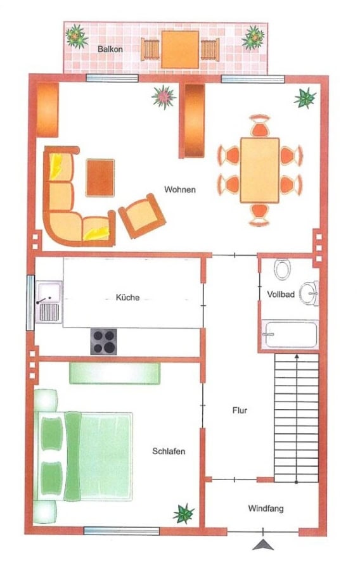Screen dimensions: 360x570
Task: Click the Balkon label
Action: (x=110, y=49)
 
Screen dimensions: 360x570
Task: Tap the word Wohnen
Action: (x=179, y=189)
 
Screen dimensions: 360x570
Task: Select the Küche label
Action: (x=127, y=298)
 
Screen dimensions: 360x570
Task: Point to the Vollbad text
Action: (x=281, y=294)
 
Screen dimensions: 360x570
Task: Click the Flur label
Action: (x=240, y=410)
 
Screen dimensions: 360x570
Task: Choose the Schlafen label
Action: (x=169, y=451)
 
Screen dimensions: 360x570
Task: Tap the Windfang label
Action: (x=266, y=508)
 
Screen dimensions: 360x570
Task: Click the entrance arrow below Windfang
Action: (x=263, y=544)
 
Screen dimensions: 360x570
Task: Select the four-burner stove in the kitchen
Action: (x=104, y=341)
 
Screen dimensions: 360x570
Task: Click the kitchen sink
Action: (x=49, y=302)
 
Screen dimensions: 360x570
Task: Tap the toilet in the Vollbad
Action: (x=282, y=269)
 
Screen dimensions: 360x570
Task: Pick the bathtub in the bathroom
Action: (x=290, y=334)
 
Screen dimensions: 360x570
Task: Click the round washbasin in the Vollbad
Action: (x=309, y=293)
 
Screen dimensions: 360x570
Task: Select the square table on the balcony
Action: (x=181, y=49)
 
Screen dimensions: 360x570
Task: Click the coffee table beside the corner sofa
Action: (x=100, y=178)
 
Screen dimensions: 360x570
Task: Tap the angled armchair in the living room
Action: (x=142, y=216)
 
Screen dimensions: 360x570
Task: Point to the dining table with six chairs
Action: (x=260, y=170)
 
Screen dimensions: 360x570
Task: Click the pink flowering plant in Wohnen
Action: (x=164, y=97)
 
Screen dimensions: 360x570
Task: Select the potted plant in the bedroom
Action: (x=184, y=513)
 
